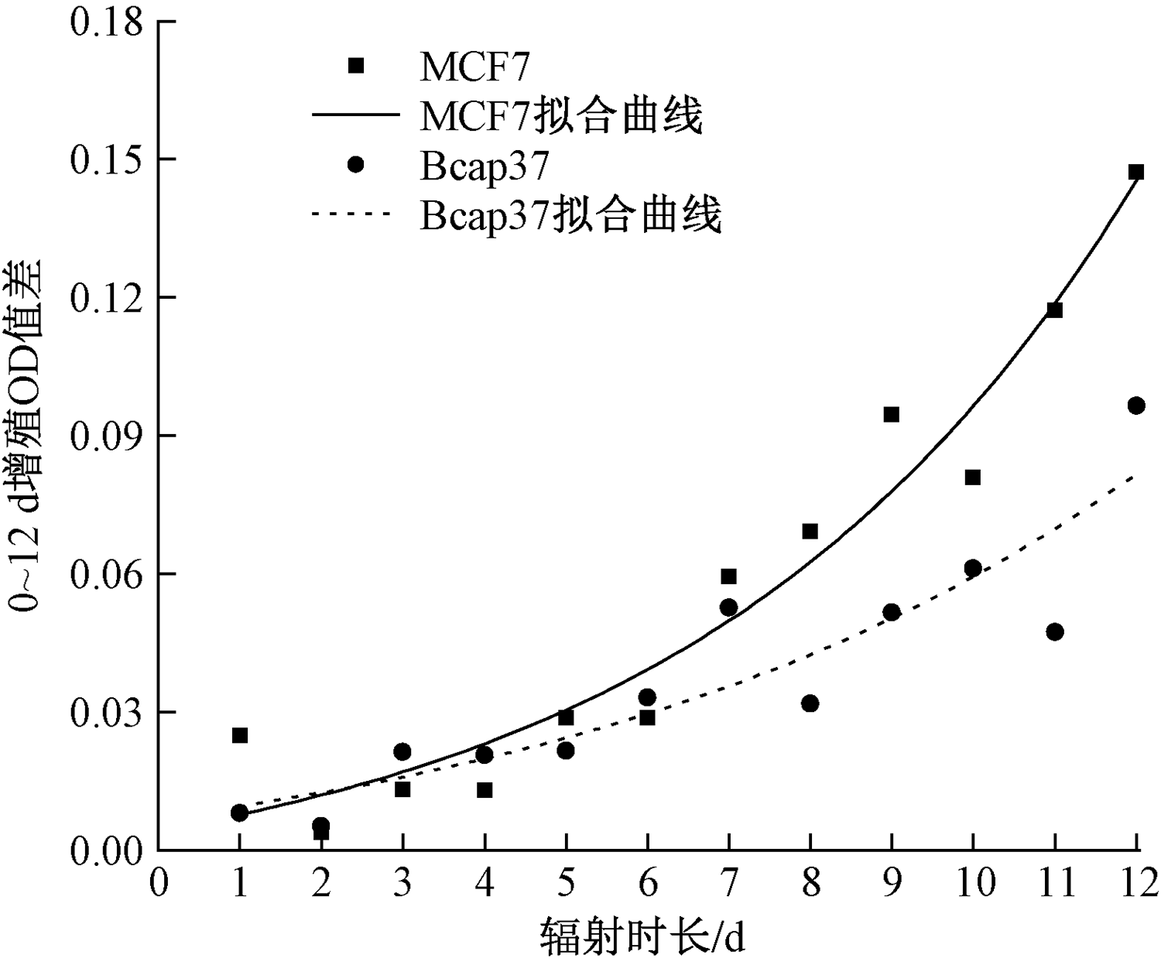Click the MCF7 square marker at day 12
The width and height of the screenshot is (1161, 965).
click(x=1135, y=172)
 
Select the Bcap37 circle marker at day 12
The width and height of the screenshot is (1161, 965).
click(x=1135, y=406)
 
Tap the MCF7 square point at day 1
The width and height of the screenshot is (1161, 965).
click(x=240, y=735)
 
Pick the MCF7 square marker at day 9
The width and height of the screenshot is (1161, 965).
click(x=891, y=415)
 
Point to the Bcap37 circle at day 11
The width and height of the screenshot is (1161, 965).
click(x=1054, y=631)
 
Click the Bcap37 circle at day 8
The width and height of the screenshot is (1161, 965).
click(x=810, y=703)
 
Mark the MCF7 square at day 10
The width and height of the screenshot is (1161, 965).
click(x=973, y=477)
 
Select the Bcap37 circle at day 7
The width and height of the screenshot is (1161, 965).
click(x=728, y=607)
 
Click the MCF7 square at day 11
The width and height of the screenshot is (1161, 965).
click(x=1054, y=310)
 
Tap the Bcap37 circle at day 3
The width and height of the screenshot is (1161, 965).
click(x=402, y=751)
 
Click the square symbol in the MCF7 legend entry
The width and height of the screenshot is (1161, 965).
click(x=355, y=67)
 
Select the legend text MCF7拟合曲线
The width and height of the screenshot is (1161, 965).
click(x=561, y=116)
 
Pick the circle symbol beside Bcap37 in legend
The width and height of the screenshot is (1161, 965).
click(x=355, y=165)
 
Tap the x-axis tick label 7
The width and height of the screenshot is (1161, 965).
click(x=728, y=884)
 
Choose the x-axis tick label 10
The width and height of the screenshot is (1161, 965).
click(x=973, y=884)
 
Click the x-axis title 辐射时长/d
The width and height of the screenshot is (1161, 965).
click(x=642, y=937)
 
